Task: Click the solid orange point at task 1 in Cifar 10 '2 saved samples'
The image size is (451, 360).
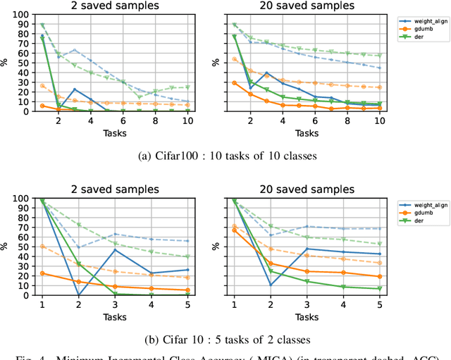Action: (42, 273)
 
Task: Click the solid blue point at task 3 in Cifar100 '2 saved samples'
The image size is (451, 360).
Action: (75, 89)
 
